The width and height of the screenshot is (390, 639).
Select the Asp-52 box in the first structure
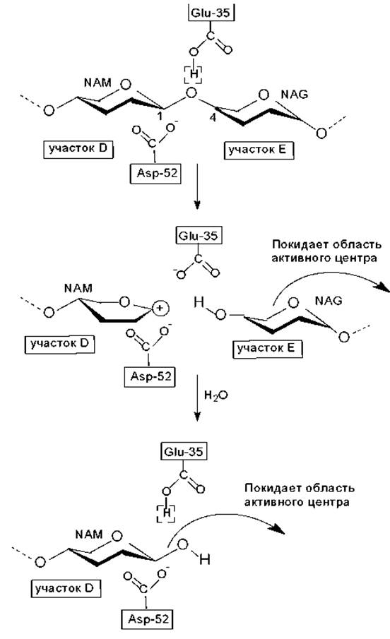click(x=156, y=173)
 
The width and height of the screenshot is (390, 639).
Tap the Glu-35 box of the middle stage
click(x=199, y=236)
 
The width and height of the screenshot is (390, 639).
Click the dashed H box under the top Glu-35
click(x=194, y=74)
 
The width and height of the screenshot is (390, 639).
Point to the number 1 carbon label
click(x=160, y=117)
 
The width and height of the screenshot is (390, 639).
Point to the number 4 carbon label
click(x=212, y=118)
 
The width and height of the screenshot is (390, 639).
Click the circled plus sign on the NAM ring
click(x=160, y=308)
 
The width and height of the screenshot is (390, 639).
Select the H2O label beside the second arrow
click(x=215, y=395)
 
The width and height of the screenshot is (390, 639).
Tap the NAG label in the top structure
click(x=294, y=95)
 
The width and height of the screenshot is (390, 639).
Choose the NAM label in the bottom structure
click(x=88, y=534)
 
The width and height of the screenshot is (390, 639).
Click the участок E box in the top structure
click(x=259, y=150)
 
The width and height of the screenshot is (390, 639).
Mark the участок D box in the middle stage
click(x=59, y=344)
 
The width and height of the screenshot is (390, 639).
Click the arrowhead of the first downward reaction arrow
click(x=197, y=204)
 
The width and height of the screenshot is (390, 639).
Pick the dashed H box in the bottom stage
click(x=166, y=513)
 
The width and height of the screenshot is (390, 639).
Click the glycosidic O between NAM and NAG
click(x=191, y=93)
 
